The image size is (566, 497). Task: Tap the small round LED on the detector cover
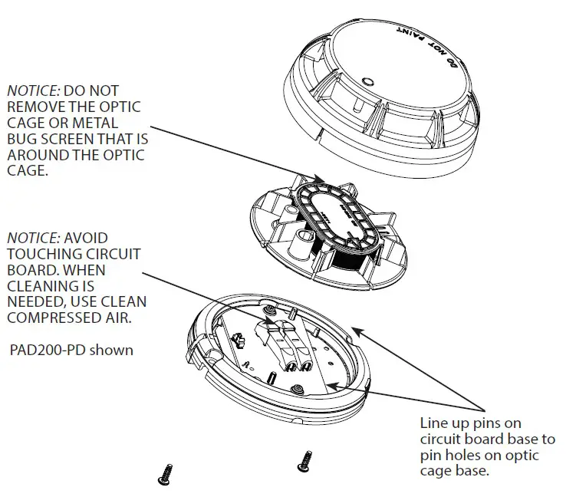tap(367, 80)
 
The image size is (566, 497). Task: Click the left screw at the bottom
tap(163, 473)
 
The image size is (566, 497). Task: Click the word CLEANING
tap(43, 286)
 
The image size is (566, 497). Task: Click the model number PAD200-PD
tap(47, 351)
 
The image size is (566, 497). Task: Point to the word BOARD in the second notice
tap(29, 270)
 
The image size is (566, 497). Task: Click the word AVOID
tap(87, 238)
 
